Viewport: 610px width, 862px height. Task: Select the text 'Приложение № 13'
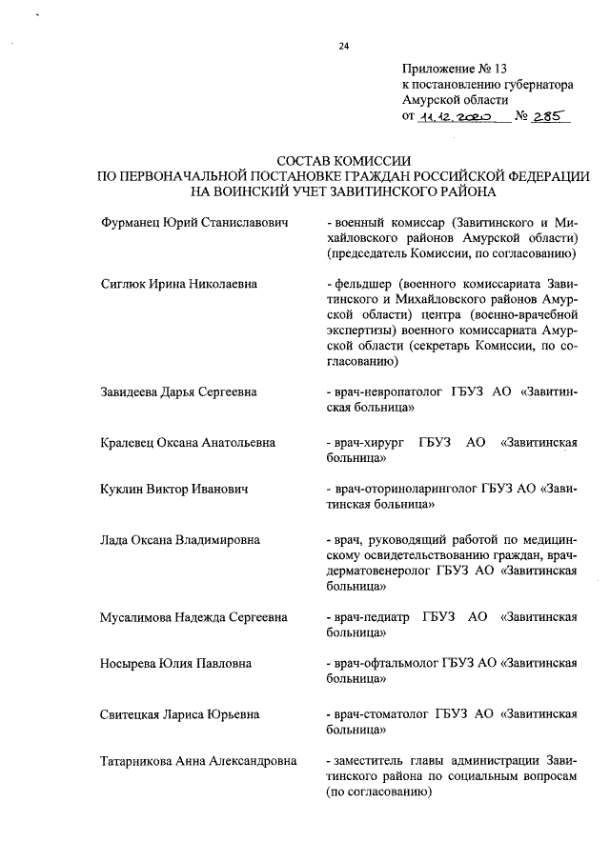tap(457, 68)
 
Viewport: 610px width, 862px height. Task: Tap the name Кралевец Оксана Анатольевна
tap(189, 442)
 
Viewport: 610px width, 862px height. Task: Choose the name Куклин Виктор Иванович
tap(174, 490)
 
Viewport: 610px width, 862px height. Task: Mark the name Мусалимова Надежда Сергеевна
tap(193, 616)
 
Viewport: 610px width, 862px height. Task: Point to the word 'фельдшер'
tap(361, 284)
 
